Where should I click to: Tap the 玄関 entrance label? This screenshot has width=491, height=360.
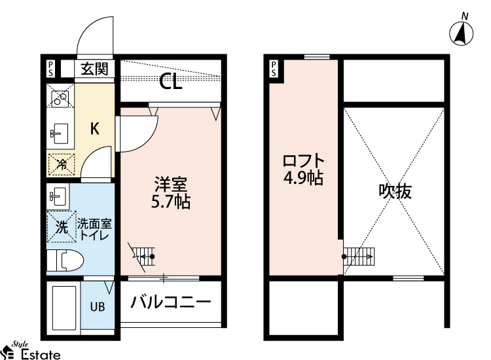[94, 69]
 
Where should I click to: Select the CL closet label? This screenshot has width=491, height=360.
[171, 82]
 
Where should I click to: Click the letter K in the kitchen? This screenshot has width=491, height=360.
[94, 128]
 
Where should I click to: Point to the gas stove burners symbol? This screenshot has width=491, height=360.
[60, 96]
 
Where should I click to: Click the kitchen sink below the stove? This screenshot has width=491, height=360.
[59, 134]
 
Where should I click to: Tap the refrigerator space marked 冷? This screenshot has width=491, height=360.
[62, 164]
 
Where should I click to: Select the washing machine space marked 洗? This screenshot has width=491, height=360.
[62, 226]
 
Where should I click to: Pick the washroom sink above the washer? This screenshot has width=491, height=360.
[58, 196]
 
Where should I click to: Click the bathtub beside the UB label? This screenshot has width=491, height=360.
[64, 308]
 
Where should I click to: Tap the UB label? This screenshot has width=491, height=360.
[98, 307]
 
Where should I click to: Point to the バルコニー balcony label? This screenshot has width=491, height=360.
[171, 302]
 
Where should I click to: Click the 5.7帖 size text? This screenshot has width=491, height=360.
[171, 202]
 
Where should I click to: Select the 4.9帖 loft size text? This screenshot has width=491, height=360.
[303, 178]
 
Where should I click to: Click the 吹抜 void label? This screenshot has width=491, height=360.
[395, 190]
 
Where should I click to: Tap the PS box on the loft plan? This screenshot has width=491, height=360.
[274, 69]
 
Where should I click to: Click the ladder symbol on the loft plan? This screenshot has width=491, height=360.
[359, 257]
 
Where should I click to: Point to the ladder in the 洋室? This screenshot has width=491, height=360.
[143, 257]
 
